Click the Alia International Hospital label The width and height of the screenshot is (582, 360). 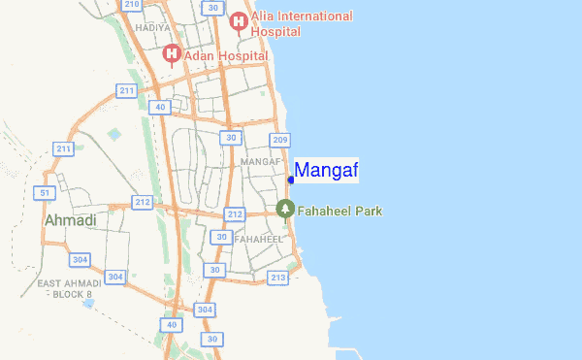tap(302, 23)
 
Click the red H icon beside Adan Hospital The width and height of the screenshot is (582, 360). tap(172, 53)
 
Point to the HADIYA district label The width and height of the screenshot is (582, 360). tap(154, 28)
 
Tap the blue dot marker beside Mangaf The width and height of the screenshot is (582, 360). tap(291, 180)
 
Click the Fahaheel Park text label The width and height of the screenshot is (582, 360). tap(339, 210)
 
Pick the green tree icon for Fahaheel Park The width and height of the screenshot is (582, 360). tap(285, 209)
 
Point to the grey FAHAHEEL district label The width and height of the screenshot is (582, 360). tap(259, 239)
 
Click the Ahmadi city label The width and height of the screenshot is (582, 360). tap(71, 221)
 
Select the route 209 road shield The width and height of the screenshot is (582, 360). tap(281, 141)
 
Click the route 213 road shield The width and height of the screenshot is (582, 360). tap(278, 278)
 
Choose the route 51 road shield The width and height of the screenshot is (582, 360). tap(43, 193)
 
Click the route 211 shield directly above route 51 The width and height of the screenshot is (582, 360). tap(64, 148)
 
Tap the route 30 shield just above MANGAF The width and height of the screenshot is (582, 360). tap(230, 138)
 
